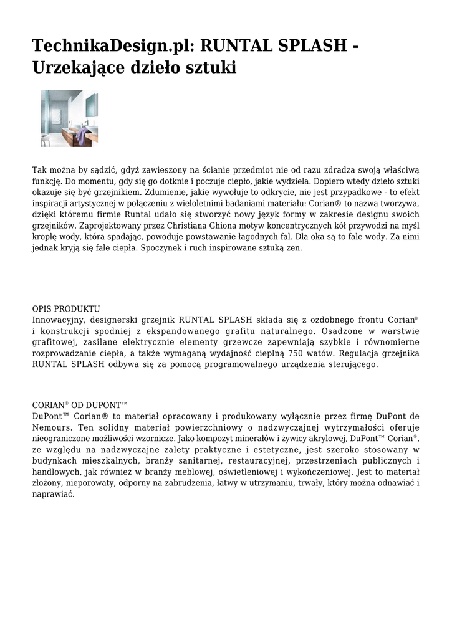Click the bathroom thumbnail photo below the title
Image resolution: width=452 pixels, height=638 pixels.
pyautogui.click(x=69, y=118)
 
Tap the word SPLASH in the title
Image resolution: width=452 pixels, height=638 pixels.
pyautogui.click(x=310, y=45)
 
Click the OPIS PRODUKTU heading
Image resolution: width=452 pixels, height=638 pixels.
pyautogui.click(x=66, y=309)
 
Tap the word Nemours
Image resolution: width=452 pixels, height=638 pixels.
pyautogui.click(x=52, y=427)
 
